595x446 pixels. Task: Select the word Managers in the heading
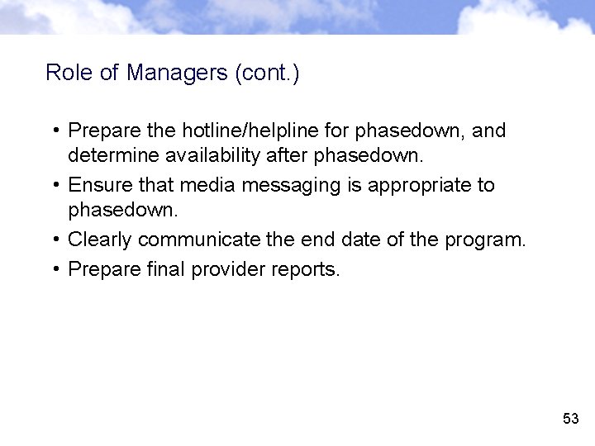[x=178, y=73]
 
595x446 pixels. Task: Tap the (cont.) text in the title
[x=267, y=73]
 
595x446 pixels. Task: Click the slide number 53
[x=570, y=419]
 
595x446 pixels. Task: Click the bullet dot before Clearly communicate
[x=54, y=240]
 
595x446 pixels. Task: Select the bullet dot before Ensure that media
[x=54, y=186]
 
